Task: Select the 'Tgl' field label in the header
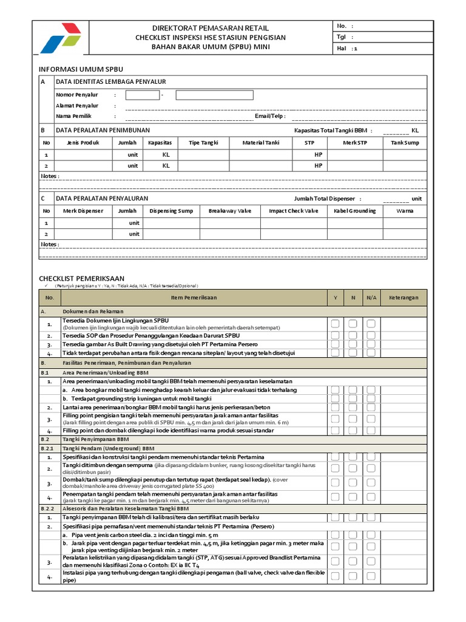340,37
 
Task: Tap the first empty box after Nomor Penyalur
143,95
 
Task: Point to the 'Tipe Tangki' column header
203,143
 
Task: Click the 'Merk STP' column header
355,143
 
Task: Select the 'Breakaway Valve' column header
229,211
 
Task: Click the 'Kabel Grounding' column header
355,211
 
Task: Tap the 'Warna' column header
405,211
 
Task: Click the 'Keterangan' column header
404,298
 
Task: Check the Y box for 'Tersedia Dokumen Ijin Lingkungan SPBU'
335,324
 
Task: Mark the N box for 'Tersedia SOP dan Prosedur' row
353,335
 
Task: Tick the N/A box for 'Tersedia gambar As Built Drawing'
371,344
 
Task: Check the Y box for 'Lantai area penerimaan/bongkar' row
335,407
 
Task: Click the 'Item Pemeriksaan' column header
193,298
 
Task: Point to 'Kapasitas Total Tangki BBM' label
330,131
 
